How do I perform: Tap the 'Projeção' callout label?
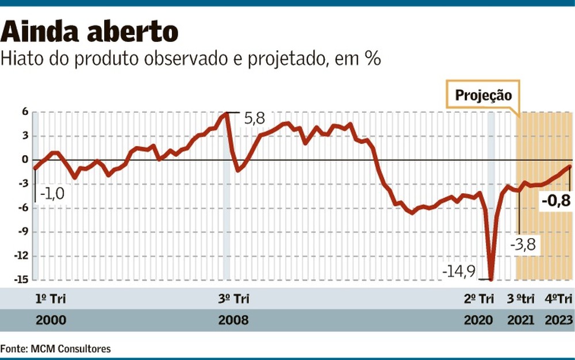point(483,95)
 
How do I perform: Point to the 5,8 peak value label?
point(254,118)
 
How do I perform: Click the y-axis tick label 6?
point(25,112)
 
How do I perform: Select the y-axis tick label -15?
point(22,280)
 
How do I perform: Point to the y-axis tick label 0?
point(25,160)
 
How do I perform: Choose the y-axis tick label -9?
point(23,232)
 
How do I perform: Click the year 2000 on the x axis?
point(51,320)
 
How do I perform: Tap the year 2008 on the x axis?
point(233,320)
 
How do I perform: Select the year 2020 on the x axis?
point(479,320)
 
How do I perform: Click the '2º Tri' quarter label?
point(479,298)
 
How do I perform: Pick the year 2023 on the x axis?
point(558,320)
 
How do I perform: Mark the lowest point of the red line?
point(491,279)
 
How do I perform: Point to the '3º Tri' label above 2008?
point(233,298)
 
